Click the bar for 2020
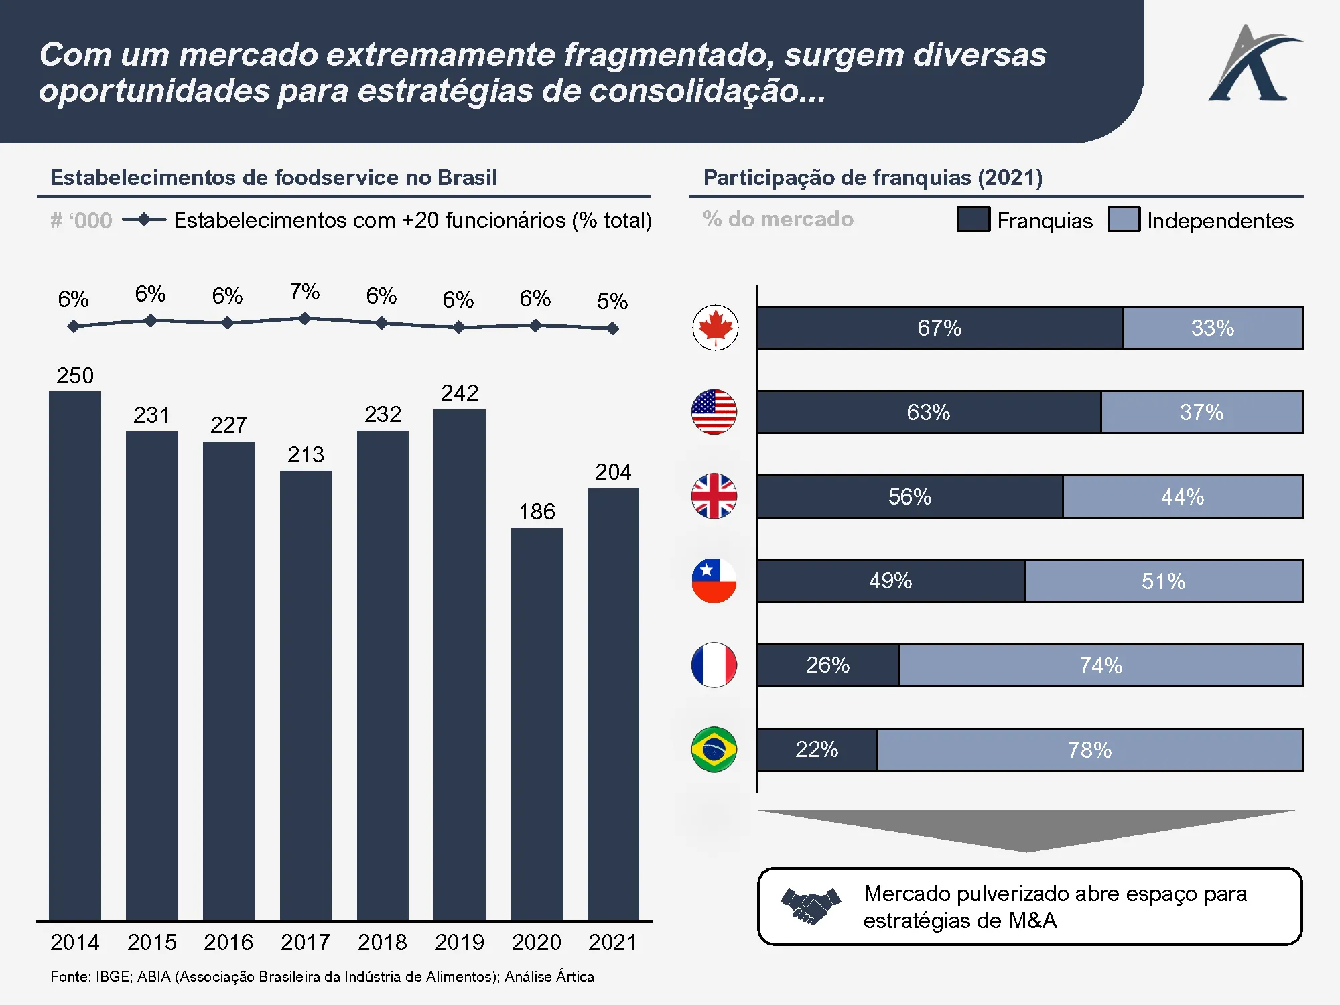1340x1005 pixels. click(536, 724)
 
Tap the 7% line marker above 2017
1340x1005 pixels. click(305, 319)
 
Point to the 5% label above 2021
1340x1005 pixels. click(612, 301)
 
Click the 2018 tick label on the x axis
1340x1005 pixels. click(382, 943)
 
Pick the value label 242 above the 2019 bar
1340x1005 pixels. click(460, 393)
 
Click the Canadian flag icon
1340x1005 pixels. click(715, 328)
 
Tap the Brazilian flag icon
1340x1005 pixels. click(714, 749)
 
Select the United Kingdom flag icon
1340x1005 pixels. click(714, 496)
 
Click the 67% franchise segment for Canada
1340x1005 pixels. click(939, 328)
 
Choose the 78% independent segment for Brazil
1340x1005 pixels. click(1089, 750)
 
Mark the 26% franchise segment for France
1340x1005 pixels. click(828, 665)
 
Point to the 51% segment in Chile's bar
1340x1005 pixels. click(1163, 581)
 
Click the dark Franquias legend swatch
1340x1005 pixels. click(974, 220)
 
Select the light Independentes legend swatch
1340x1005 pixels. click(1124, 220)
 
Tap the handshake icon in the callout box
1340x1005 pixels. click(811, 906)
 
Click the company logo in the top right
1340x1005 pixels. click(1253, 64)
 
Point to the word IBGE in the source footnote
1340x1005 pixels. click(113, 977)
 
